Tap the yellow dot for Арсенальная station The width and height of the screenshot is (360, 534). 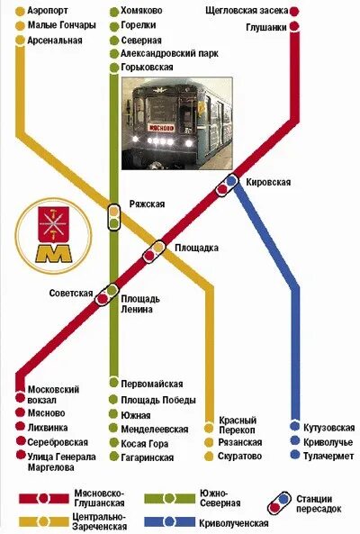tap(20, 41)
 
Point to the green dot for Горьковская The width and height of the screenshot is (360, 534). tap(112, 67)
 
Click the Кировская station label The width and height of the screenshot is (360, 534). tap(267, 183)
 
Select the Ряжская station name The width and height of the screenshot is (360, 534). tap(147, 204)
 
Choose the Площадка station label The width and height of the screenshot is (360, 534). tap(196, 248)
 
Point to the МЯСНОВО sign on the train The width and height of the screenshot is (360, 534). tap(161, 128)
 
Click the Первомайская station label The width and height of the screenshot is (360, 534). tap(150, 385)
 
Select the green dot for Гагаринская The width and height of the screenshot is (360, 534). tap(112, 457)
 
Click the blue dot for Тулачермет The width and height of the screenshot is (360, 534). tap(295, 457)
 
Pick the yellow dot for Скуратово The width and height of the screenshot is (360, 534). tap(210, 457)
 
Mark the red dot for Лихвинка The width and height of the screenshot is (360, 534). tap(19, 428)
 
